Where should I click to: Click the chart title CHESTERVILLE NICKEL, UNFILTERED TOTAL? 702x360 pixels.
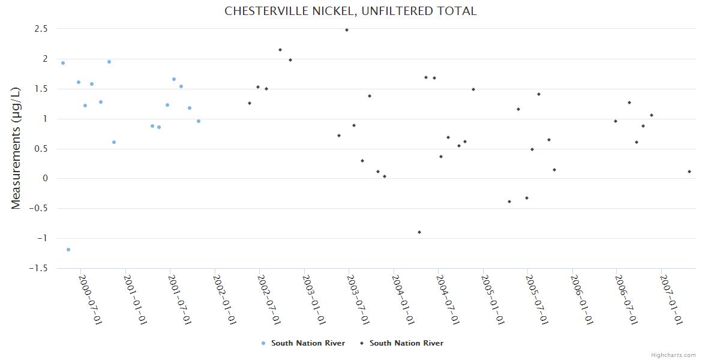point(350,11)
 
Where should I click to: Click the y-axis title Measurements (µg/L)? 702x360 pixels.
point(16,148)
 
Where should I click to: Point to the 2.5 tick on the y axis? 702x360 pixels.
point(42,29)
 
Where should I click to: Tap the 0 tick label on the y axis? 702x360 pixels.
point(45,178)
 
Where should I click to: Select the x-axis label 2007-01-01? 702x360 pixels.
point(673,299)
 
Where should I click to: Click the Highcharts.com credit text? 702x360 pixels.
point(673,355)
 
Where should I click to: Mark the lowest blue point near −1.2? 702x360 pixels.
point(68,250)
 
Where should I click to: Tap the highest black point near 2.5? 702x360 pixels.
point(347,30)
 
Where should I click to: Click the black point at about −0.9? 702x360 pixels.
point(419,232)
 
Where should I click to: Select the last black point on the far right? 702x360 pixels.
point(689,172)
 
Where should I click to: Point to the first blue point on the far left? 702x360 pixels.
point(63,63)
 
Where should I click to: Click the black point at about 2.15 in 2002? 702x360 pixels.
point(280,50)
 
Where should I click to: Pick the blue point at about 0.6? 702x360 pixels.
point(114,142)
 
